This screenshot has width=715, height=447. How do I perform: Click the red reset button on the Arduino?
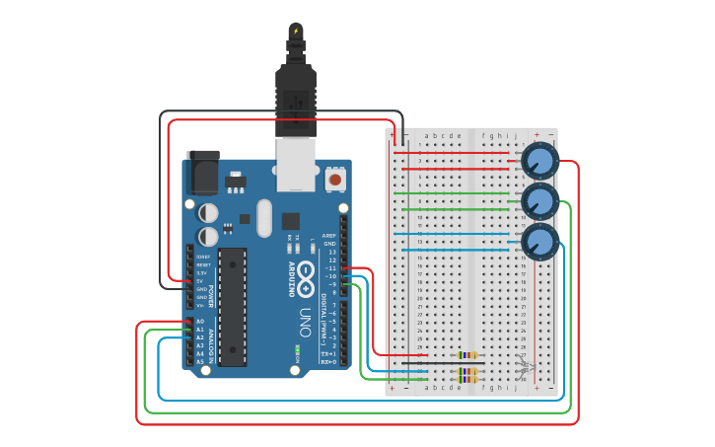335,180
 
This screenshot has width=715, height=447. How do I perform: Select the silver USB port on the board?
294,164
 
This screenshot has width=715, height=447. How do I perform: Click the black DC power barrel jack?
203,173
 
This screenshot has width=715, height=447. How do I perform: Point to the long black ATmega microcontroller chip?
232,306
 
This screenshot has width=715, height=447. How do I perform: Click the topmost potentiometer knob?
539,161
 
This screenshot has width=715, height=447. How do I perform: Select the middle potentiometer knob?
539,201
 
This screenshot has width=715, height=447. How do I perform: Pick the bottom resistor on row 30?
467,379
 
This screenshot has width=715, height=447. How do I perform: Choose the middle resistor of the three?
467,371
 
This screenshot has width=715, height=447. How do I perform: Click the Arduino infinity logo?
307,269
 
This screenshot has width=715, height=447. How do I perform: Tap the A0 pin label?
200,322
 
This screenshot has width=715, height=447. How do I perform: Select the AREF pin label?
330,236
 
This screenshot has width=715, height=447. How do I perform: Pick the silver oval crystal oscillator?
263,218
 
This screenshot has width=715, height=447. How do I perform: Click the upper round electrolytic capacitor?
208,212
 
